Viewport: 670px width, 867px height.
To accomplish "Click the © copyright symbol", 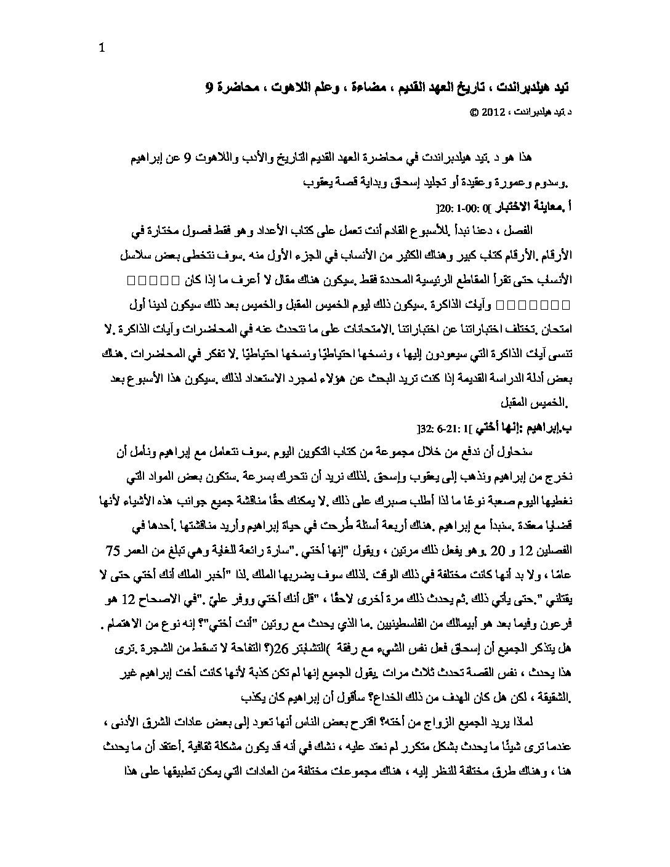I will pos(473,113).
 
